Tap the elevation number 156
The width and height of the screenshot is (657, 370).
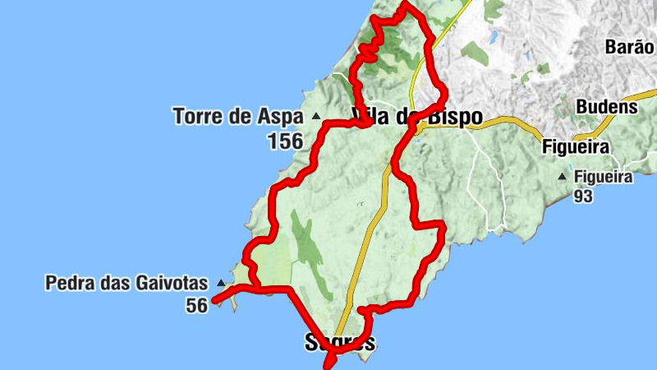tap(284, 141)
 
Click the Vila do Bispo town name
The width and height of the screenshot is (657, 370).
tap(416, 117)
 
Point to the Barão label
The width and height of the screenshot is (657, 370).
tap(630, 46)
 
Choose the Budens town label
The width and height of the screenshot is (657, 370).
tap(606, 107)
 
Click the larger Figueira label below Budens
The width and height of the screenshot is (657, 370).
tap(575, 147)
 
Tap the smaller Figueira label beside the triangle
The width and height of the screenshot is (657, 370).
tap(604, 177)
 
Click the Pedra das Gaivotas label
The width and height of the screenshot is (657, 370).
tap(126, 284)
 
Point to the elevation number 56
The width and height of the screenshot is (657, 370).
tap(196, 305)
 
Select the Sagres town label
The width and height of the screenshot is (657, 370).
tap(340, 342)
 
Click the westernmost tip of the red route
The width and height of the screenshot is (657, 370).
tap(214, 301)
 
